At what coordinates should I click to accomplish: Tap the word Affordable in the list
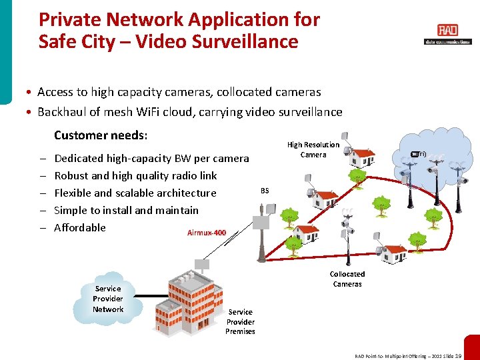click(x=80, y=227)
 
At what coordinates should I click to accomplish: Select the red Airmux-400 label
click(x=207, y=233)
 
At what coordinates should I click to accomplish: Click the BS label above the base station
click(x=265, y=191)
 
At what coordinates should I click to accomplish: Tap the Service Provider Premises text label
click(x=240, y=321)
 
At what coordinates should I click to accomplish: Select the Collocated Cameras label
click(x=347, y=279)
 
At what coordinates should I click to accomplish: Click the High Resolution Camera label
click(x=313, y=149)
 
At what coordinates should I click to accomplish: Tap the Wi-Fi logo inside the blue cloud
click(x=418, y=154)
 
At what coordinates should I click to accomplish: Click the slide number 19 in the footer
click(x=458, y=356)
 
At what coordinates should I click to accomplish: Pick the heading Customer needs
click(x=101, y=135)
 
